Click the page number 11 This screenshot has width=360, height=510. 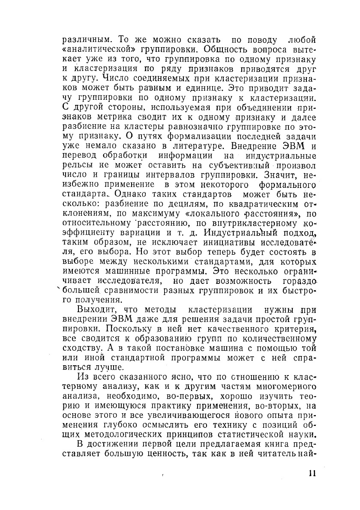[x=312, y=474]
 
